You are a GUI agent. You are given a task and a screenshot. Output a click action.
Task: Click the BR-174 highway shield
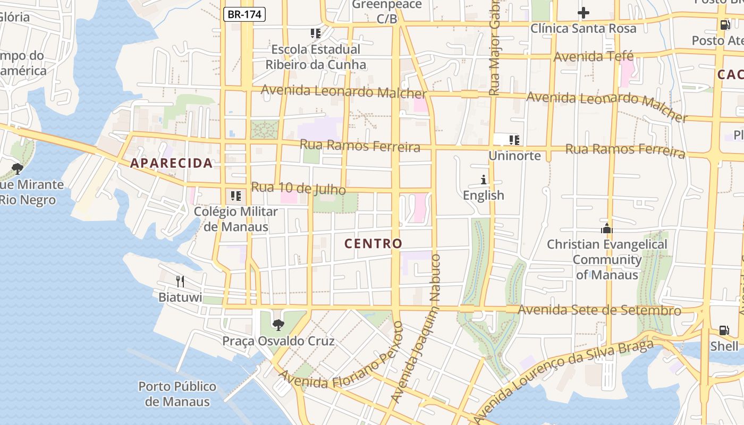pos(244,14)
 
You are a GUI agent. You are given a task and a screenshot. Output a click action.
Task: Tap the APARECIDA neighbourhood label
pos(172,163)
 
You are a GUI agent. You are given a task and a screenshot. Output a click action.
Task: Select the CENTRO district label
pos(373,244)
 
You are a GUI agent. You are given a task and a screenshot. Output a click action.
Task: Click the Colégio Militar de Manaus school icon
pos(236,196)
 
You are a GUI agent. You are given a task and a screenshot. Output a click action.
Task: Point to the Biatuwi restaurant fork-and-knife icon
pos(180,281)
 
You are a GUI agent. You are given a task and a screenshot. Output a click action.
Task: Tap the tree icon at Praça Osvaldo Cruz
pos(278,325)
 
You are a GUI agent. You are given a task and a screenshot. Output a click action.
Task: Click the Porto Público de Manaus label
pos(177,394)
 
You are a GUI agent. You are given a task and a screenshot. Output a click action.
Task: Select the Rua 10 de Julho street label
pos(298,189)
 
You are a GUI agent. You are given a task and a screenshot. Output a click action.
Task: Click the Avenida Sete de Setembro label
pos(599,310)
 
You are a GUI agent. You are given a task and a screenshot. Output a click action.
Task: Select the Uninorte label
pos(514,156)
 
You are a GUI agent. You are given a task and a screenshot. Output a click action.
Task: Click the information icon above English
pos(484,180)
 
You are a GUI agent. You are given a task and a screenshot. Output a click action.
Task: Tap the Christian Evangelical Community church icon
pos(606,229)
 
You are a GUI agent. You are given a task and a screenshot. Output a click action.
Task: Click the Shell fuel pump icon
pos(724,330)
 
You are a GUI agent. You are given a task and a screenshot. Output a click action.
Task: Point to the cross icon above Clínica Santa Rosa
pos(584,13)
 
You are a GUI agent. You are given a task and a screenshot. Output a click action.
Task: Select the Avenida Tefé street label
pos(594,56)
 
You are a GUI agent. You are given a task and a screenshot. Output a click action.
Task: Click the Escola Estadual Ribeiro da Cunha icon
pos(316,33)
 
